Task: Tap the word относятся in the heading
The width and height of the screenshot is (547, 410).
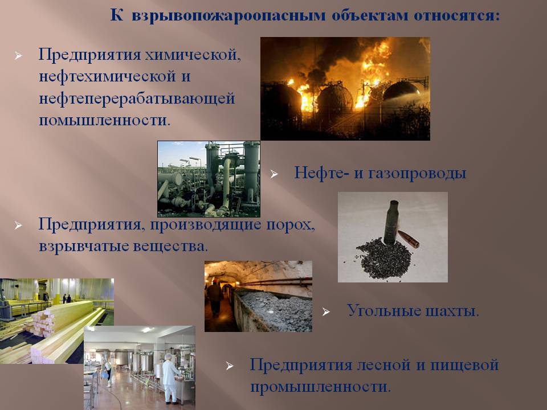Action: click(x=456, y=16)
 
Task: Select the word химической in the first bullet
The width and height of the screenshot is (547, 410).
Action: click(x=193, y=55)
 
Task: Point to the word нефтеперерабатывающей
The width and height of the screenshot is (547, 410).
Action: click(x=137, y=99)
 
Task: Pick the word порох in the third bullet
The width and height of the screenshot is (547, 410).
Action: click(x=291, y=225)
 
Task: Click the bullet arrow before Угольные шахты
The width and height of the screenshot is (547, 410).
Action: click(x=326, y=311)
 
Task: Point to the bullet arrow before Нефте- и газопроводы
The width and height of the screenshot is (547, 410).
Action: click(x=274, y=174)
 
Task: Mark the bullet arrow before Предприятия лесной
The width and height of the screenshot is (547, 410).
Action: click(x=230, y=366)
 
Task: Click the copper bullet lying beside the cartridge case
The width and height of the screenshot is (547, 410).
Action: click(x=408, y=239)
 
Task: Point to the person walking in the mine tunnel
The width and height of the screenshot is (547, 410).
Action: click(x=215, y=298)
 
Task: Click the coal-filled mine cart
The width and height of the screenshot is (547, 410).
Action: click(x=272, y=310)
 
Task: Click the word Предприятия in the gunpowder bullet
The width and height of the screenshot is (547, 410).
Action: click(x=89, y=225)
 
